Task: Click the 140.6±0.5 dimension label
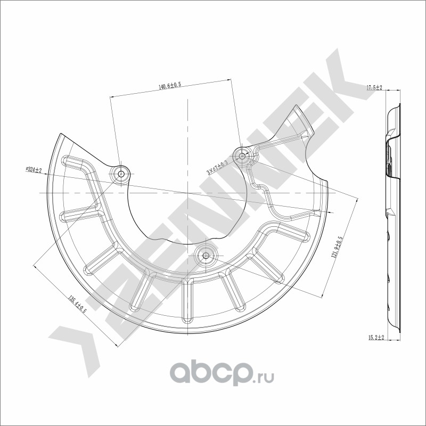(170, 86)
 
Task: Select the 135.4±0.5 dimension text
(77, 304)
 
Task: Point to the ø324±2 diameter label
(34, 170)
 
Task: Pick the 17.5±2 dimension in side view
(374, 87)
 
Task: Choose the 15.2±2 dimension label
(376, 338)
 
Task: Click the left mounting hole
(121, 174)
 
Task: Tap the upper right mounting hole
(242, 156)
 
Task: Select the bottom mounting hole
(206, 256)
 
